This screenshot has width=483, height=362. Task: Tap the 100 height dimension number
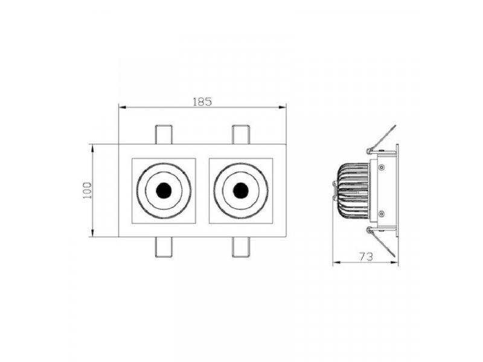point(87,190)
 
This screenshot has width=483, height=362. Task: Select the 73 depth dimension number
point(364,256)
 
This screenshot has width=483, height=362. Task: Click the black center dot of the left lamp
point(163,191)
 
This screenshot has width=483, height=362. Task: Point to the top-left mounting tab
point(164,135)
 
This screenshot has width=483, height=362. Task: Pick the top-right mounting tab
point(241,135)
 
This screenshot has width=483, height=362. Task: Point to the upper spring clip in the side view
point(382,139)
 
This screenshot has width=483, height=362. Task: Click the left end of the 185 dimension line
point(119,108)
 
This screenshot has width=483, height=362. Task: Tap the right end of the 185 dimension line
point(286,108)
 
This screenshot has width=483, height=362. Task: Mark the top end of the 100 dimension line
point(92,145)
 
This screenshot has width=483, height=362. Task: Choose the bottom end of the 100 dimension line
point(92,237)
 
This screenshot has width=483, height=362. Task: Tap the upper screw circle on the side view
point(380,167)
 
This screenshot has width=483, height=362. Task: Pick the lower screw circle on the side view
point(380,214)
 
